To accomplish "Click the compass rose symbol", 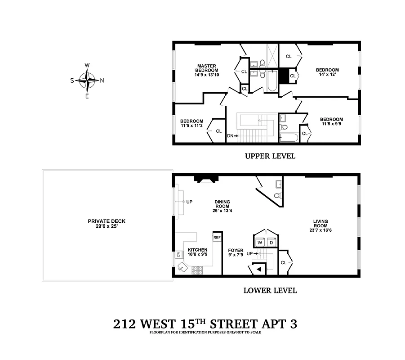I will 87,81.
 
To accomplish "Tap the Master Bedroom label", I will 207,70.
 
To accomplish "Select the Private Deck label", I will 107,224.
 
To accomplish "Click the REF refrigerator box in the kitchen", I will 217,237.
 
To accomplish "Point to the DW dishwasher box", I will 178,255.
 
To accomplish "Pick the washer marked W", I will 259,243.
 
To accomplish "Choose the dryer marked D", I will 271,243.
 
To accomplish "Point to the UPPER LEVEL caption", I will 270,156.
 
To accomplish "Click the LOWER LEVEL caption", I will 270,290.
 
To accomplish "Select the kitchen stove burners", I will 197,270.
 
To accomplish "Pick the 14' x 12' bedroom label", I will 327,73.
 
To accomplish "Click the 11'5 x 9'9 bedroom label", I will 331,122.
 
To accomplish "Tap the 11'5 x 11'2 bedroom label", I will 191,124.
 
